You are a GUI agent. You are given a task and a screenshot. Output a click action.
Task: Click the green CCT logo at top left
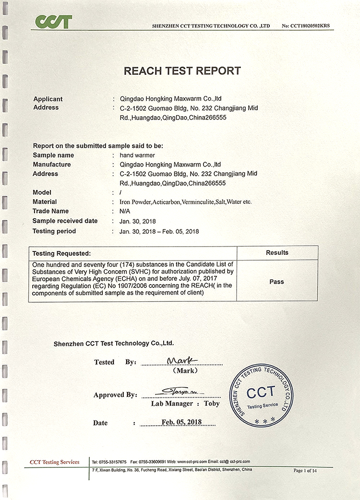[x=53, y=22]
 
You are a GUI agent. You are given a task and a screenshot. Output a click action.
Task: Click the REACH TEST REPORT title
[x=182, y=71]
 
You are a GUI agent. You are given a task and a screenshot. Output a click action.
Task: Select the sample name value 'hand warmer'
[x=135, y=155]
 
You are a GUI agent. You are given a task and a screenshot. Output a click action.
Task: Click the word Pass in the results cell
[x=276, y=282]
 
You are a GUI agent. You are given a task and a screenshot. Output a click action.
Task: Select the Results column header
[x=277, y=252]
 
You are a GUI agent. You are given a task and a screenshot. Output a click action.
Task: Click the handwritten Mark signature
[x=181, y=360]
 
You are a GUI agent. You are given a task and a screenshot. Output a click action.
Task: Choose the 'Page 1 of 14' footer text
[x=305, y=470]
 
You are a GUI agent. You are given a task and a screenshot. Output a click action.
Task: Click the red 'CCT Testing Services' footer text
[x=54, y=462]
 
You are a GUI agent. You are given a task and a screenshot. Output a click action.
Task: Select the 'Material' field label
[x=45, y=202]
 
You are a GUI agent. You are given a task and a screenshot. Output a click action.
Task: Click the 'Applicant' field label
[x=48, y=99]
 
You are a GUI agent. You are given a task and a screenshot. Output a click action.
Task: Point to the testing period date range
[x=159, y=231]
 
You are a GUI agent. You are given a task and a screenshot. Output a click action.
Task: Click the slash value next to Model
[x=120, y=192]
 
